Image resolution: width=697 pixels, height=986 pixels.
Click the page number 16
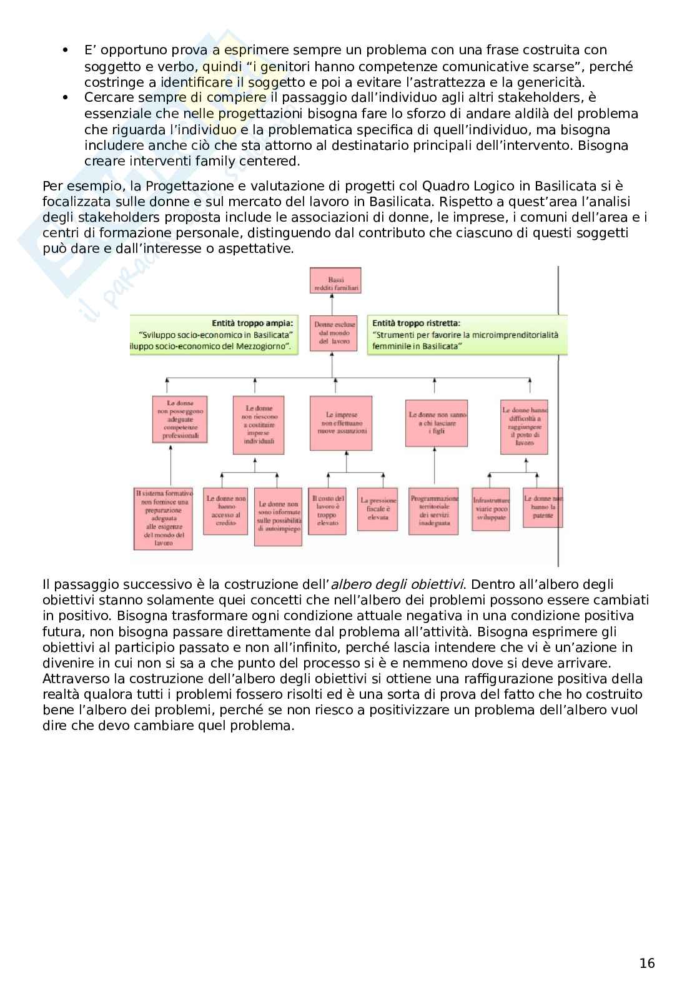pos(647,963)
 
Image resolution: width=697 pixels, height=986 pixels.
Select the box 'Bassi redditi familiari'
pos(335,284)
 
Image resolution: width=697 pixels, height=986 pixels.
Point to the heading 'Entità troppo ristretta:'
pos(416,323)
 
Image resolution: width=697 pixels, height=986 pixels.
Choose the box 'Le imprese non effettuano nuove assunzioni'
pos(342,423)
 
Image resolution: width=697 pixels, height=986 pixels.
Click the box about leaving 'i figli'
pos(437,423)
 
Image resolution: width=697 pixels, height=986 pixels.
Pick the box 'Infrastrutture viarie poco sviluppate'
pos(490,509)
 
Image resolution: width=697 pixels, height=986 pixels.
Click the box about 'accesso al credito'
pos(225,511)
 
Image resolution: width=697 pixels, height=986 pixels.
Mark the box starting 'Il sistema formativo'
pos(164,518)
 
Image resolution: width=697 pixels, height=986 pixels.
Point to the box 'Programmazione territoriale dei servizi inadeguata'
pos(433,511)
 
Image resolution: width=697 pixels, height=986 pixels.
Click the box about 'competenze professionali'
pos(180,419)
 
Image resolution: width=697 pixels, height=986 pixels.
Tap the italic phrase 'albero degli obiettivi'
pos(397,584)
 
